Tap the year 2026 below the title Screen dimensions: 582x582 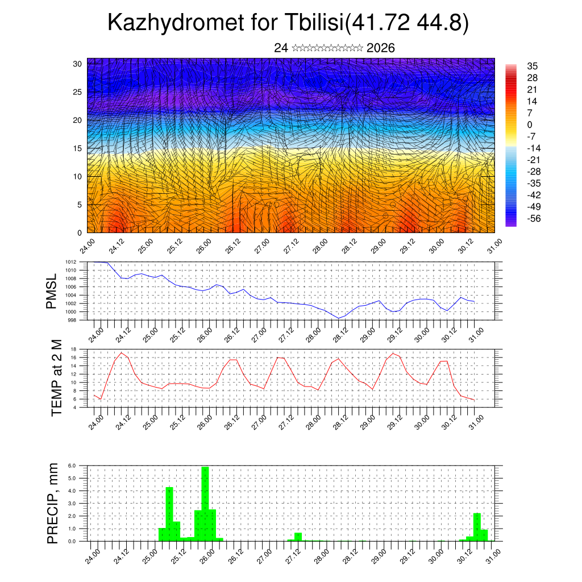tap(381, 48)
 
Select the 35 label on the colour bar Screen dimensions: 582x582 tap(533, 66)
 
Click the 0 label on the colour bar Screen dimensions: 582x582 tap(530, 124)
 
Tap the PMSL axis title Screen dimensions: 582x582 tap(52, 291)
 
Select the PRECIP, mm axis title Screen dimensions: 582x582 tap(53, 503)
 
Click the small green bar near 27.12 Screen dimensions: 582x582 tap(298, 537)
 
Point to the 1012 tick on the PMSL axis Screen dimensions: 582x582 tap(71, 262)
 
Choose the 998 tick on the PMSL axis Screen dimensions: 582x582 tap(72, 320)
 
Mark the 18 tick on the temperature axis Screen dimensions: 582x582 tap(73, 349)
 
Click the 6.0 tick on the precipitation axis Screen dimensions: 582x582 tap(72, 465)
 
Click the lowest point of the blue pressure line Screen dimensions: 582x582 tap(339, 318)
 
